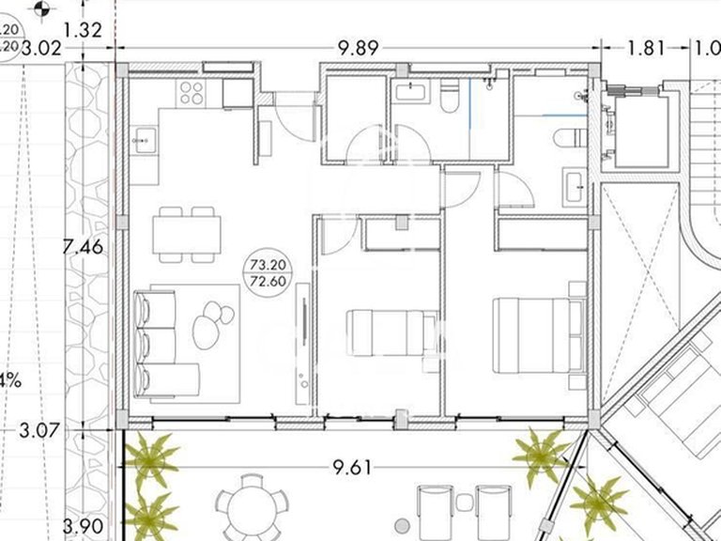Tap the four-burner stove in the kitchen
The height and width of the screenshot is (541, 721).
click(192, 92)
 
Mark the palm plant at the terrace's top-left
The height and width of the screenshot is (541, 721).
click(152, 458)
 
